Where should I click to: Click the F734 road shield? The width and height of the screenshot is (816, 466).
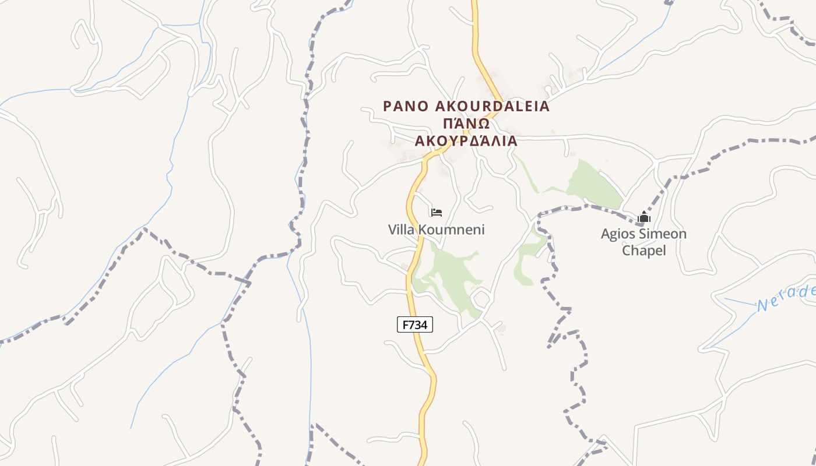(x=415, y=324)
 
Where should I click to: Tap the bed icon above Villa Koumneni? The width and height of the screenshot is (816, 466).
(x=437, y=213)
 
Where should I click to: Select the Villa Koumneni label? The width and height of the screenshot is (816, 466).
(x=436, y=230)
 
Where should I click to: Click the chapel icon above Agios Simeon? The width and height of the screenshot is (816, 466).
(x=643, y=217)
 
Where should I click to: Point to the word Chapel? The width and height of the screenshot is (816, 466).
(x=643, y=250)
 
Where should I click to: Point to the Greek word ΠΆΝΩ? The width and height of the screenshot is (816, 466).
(x=465, y=123)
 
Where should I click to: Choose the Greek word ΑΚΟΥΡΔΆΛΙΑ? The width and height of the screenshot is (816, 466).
(x=466, y=141)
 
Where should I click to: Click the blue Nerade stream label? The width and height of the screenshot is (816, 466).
(x=787, y=298)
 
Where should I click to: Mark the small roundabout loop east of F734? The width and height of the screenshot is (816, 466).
(x=480, y=299)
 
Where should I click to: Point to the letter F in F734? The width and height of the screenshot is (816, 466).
(x=404, y=324)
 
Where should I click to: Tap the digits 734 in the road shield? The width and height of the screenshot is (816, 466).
(x=419, y=324)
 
